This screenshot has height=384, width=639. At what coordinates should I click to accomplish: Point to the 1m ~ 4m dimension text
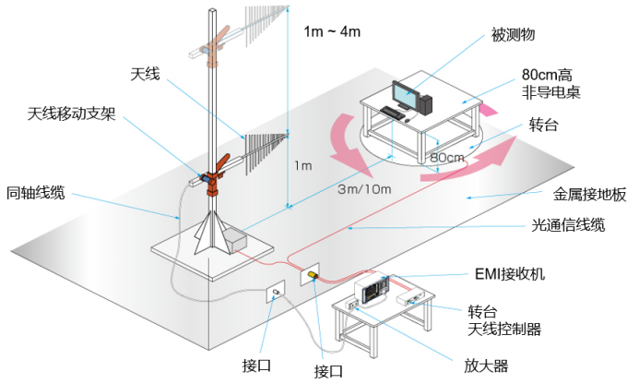click(332, 32)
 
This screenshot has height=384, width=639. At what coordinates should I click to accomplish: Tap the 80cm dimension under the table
click(448, 158)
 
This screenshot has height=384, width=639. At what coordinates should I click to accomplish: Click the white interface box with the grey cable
click(275, 294)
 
